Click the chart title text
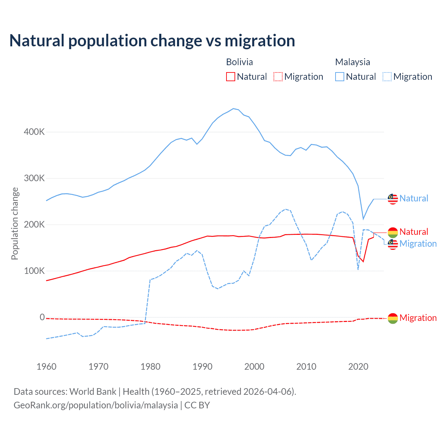[x=152, y=41]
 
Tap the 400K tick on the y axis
[x=34, y=132]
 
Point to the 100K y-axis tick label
[x=34, y=271]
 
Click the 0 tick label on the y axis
[x=42, y=317]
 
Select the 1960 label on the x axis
[x=46, y=367]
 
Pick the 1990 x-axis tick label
[x=202, y=367]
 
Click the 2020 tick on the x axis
[x=358, y=367]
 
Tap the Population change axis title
[x=15, y=223]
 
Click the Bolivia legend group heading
[x=239, y=62]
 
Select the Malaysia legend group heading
[x=352, y=62]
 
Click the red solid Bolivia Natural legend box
[x=231, y=77]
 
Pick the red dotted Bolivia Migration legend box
[x=278, y=77]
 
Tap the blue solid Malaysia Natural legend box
[x=340, y=77]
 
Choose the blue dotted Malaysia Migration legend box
[x=387, y=77]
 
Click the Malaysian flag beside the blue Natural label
[x=393, y=199]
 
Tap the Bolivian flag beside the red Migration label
[x=393, y=318]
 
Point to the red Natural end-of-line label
[x=414, y=232]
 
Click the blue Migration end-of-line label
[x=418, y=244]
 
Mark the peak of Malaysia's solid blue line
[x=233, y=109]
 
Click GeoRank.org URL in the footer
[x=95, y=405]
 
